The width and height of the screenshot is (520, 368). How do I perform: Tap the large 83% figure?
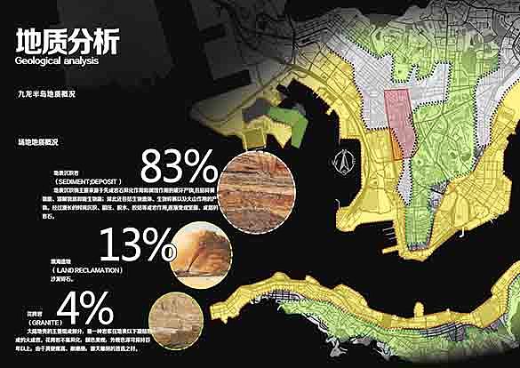click(x=179, y=167)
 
